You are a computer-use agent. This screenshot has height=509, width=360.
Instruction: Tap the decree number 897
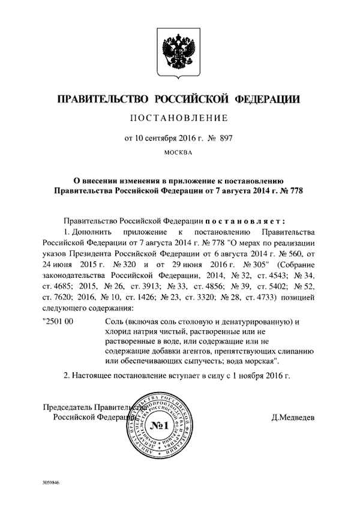(x=225, y=138)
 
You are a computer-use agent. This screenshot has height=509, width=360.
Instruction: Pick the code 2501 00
(x=59, y=322)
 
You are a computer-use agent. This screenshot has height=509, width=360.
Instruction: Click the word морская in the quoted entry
(x=260, y=360)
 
